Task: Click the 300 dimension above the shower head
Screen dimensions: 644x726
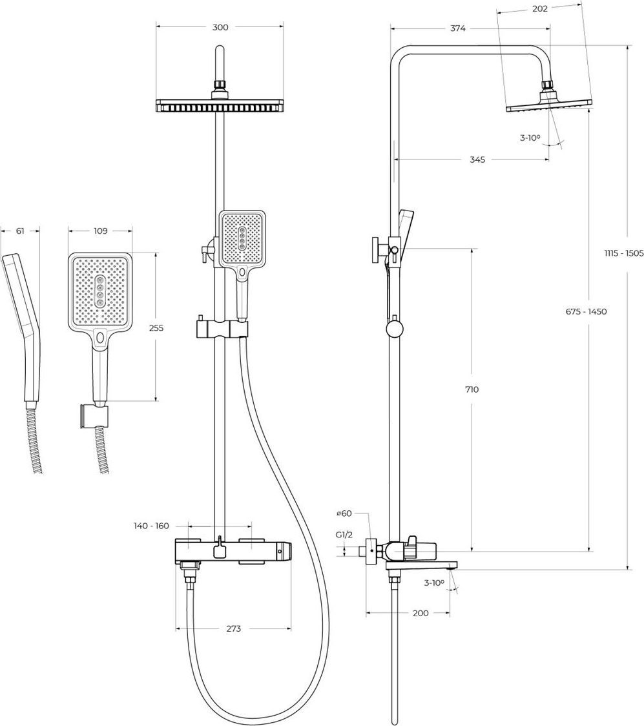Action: coord(220,27)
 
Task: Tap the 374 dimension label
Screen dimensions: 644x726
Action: coord(458,28)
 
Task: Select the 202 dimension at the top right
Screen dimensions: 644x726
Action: coord(540,8)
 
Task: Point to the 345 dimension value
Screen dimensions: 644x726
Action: coord(477,160)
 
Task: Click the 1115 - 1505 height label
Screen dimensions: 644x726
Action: coord(623,253)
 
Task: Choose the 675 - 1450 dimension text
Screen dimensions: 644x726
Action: coord(586,311)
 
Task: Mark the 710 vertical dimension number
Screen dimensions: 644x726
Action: coord(472,389)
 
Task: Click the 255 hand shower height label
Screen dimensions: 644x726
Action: coord(156,328)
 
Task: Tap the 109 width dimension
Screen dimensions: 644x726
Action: coord(101,231)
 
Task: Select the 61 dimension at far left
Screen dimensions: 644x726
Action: coord(20,231)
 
